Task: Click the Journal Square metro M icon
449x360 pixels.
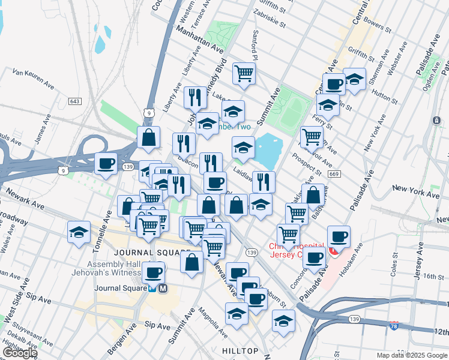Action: coord(163,288)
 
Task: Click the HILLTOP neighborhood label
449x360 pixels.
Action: coord(240,350)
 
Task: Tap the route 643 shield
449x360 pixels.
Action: coord(75,101)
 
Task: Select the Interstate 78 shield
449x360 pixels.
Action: coord(394,325)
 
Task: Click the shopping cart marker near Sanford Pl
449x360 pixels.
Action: coord(244,73)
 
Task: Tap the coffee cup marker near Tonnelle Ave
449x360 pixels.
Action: coord(106,163)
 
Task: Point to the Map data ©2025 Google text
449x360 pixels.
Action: coord(412,355)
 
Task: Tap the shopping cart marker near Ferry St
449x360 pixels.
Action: coord(312,136)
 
